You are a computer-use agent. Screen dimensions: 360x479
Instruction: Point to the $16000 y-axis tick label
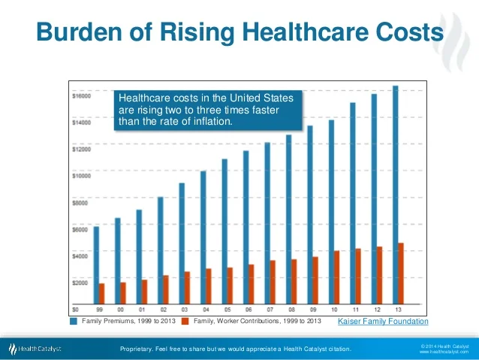pyautogui.click(x=81, y=96)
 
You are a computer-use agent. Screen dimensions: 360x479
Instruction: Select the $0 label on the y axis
pyautogui.click(x=75, y=309)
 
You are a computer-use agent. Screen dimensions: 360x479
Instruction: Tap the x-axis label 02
pyautogui.click(x=164, y=309)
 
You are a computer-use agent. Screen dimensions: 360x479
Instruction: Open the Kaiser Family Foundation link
pyautogui.click(x=383, y=322)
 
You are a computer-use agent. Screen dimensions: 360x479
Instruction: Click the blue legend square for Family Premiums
pyautogui.click(x=74, y=321)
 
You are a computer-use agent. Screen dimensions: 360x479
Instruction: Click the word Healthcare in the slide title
pyautogui.click(x=279, y=33)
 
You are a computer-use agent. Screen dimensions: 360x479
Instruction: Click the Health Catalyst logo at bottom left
pyautogui.click(x=35, y=349)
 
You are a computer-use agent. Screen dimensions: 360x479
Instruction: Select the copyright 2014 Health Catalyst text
pyautogui.click(x=445, y=345)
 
